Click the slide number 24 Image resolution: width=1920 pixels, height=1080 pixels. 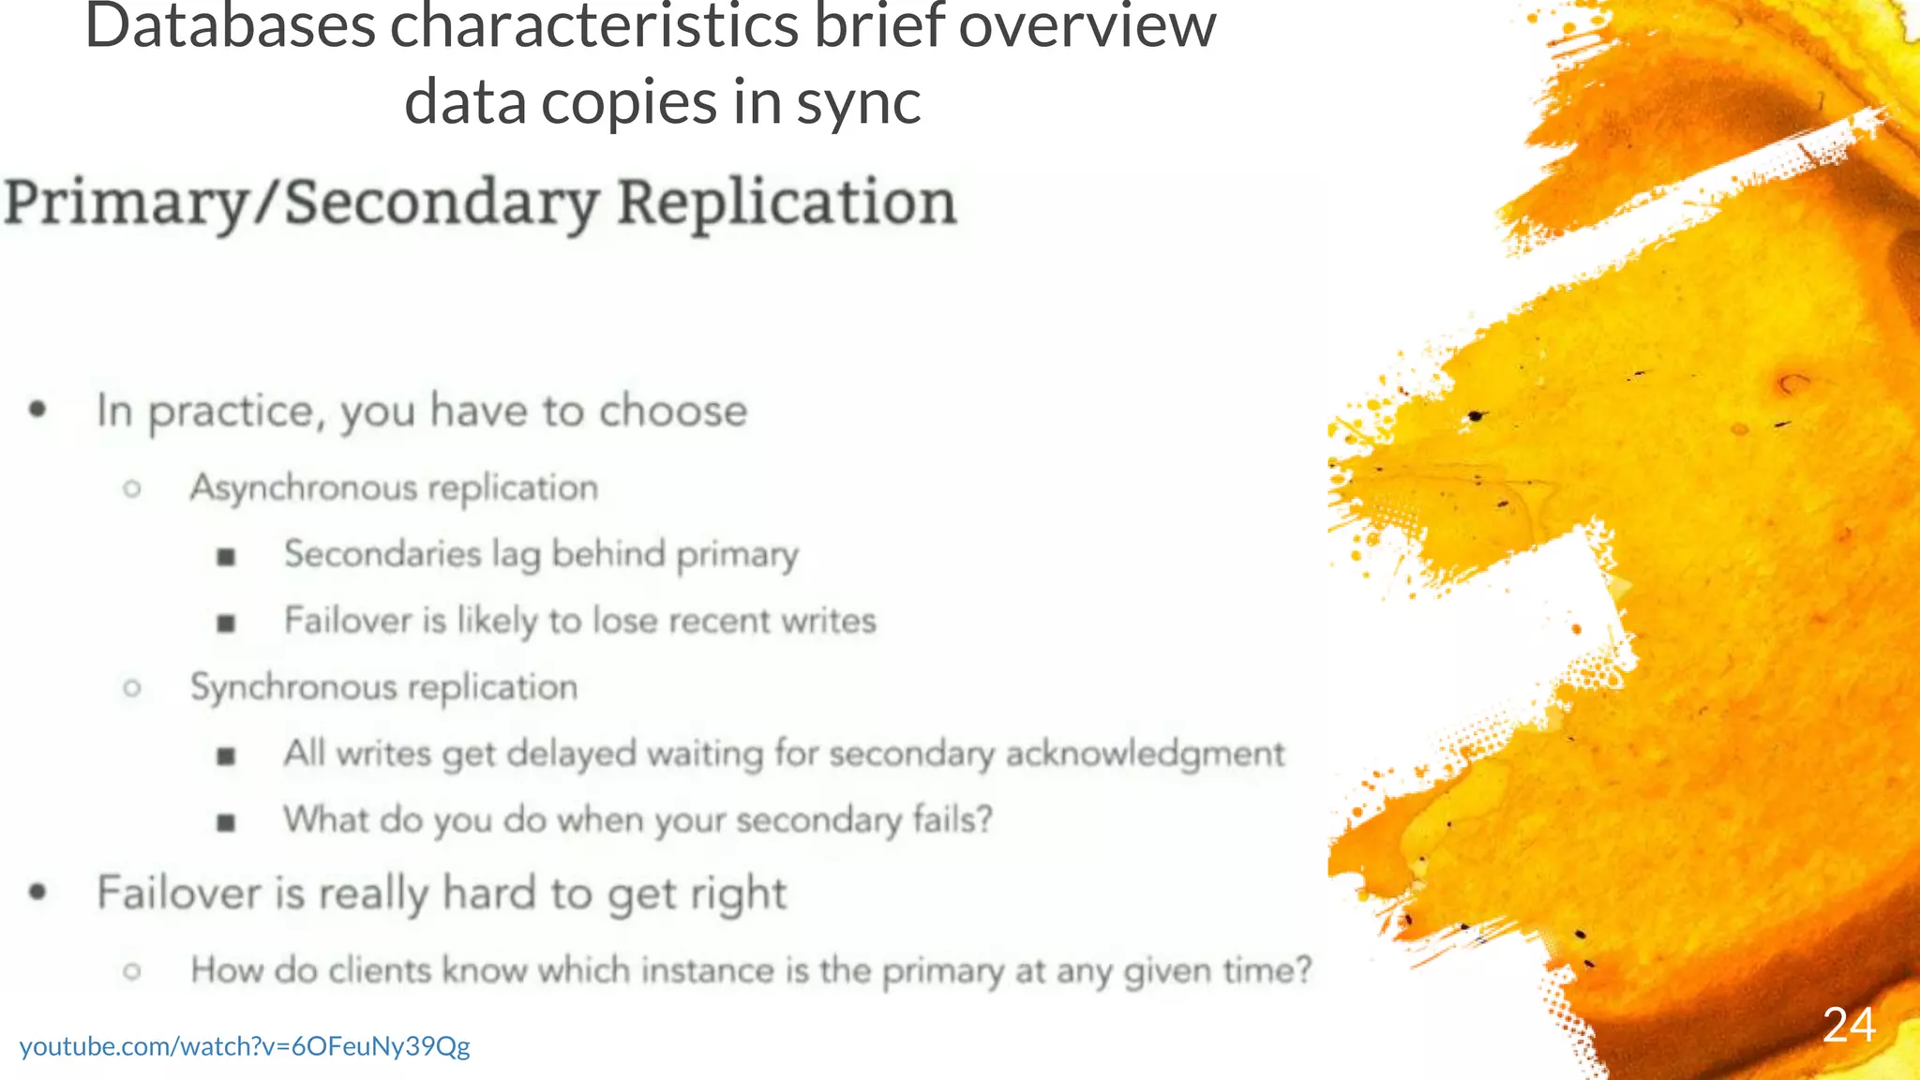point(1849,1026)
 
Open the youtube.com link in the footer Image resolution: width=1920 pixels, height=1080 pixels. point(245,1046)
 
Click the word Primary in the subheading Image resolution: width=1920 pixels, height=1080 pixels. point(127,203)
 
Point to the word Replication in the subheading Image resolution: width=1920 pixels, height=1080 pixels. point(787,203)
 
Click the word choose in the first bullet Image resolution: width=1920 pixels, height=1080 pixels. point(673,412)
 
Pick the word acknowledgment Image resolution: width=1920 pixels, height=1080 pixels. point(1145,755)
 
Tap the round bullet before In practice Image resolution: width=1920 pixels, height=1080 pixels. point(37,410)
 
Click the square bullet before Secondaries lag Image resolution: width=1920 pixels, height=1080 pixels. point(226,557)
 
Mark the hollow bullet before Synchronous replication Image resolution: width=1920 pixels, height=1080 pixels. point(132,688)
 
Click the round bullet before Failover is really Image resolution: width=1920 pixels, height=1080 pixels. point(37,892)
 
